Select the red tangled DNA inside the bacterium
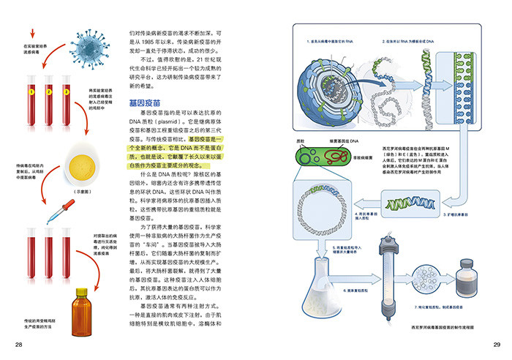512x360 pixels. (x=336, y=155)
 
